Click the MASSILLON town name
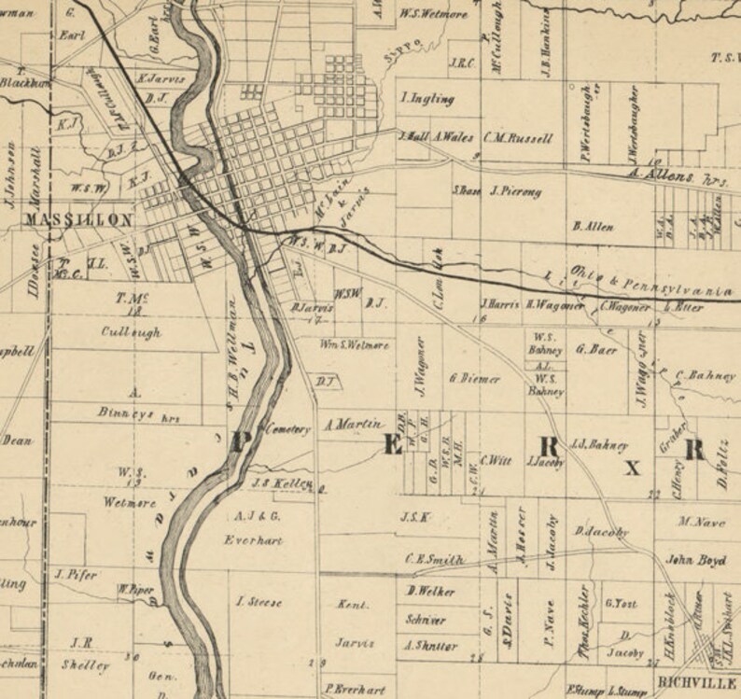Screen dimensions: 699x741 (x=79, y=220)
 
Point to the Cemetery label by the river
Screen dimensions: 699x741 (x=287, y=429)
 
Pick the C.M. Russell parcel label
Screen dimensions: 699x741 (x=518, y=139)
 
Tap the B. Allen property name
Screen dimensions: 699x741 (x=593, y=226)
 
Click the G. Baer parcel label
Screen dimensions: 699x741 (x=598, y=351)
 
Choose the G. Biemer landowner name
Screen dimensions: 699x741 (x=475, y=379)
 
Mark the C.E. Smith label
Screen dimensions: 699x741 (x=434, y=560)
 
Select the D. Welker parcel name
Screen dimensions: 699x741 (x=430, y=592)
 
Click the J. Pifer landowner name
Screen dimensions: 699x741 (x=77, y=575)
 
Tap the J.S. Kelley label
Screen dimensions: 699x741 (x=281, y=484)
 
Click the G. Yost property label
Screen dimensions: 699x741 (x=621, y=604)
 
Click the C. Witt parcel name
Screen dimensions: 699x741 (x=496, y=461)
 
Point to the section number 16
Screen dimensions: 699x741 (x=481, y=319)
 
